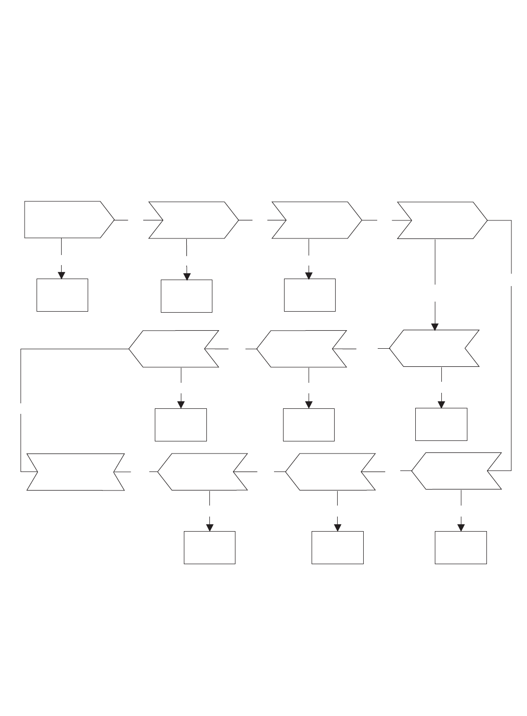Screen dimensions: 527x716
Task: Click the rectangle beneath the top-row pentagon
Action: [62, 295]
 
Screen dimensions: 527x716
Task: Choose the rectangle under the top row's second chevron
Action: [186, 296]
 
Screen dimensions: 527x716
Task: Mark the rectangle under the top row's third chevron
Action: [310, 295]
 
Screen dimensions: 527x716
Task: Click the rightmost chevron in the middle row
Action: [434, 348]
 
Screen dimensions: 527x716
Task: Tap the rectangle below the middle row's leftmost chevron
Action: [181, 425]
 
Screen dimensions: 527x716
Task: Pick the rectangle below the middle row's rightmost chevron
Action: [441, 424]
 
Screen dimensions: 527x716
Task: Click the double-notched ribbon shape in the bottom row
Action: [76, 471]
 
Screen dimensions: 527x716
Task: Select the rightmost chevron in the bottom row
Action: [456, 471]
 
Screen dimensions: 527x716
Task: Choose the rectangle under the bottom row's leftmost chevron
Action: [209, 548]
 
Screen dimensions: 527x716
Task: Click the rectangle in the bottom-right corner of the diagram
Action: [461, 548]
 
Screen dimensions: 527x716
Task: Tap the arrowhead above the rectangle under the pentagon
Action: [62, 275]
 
